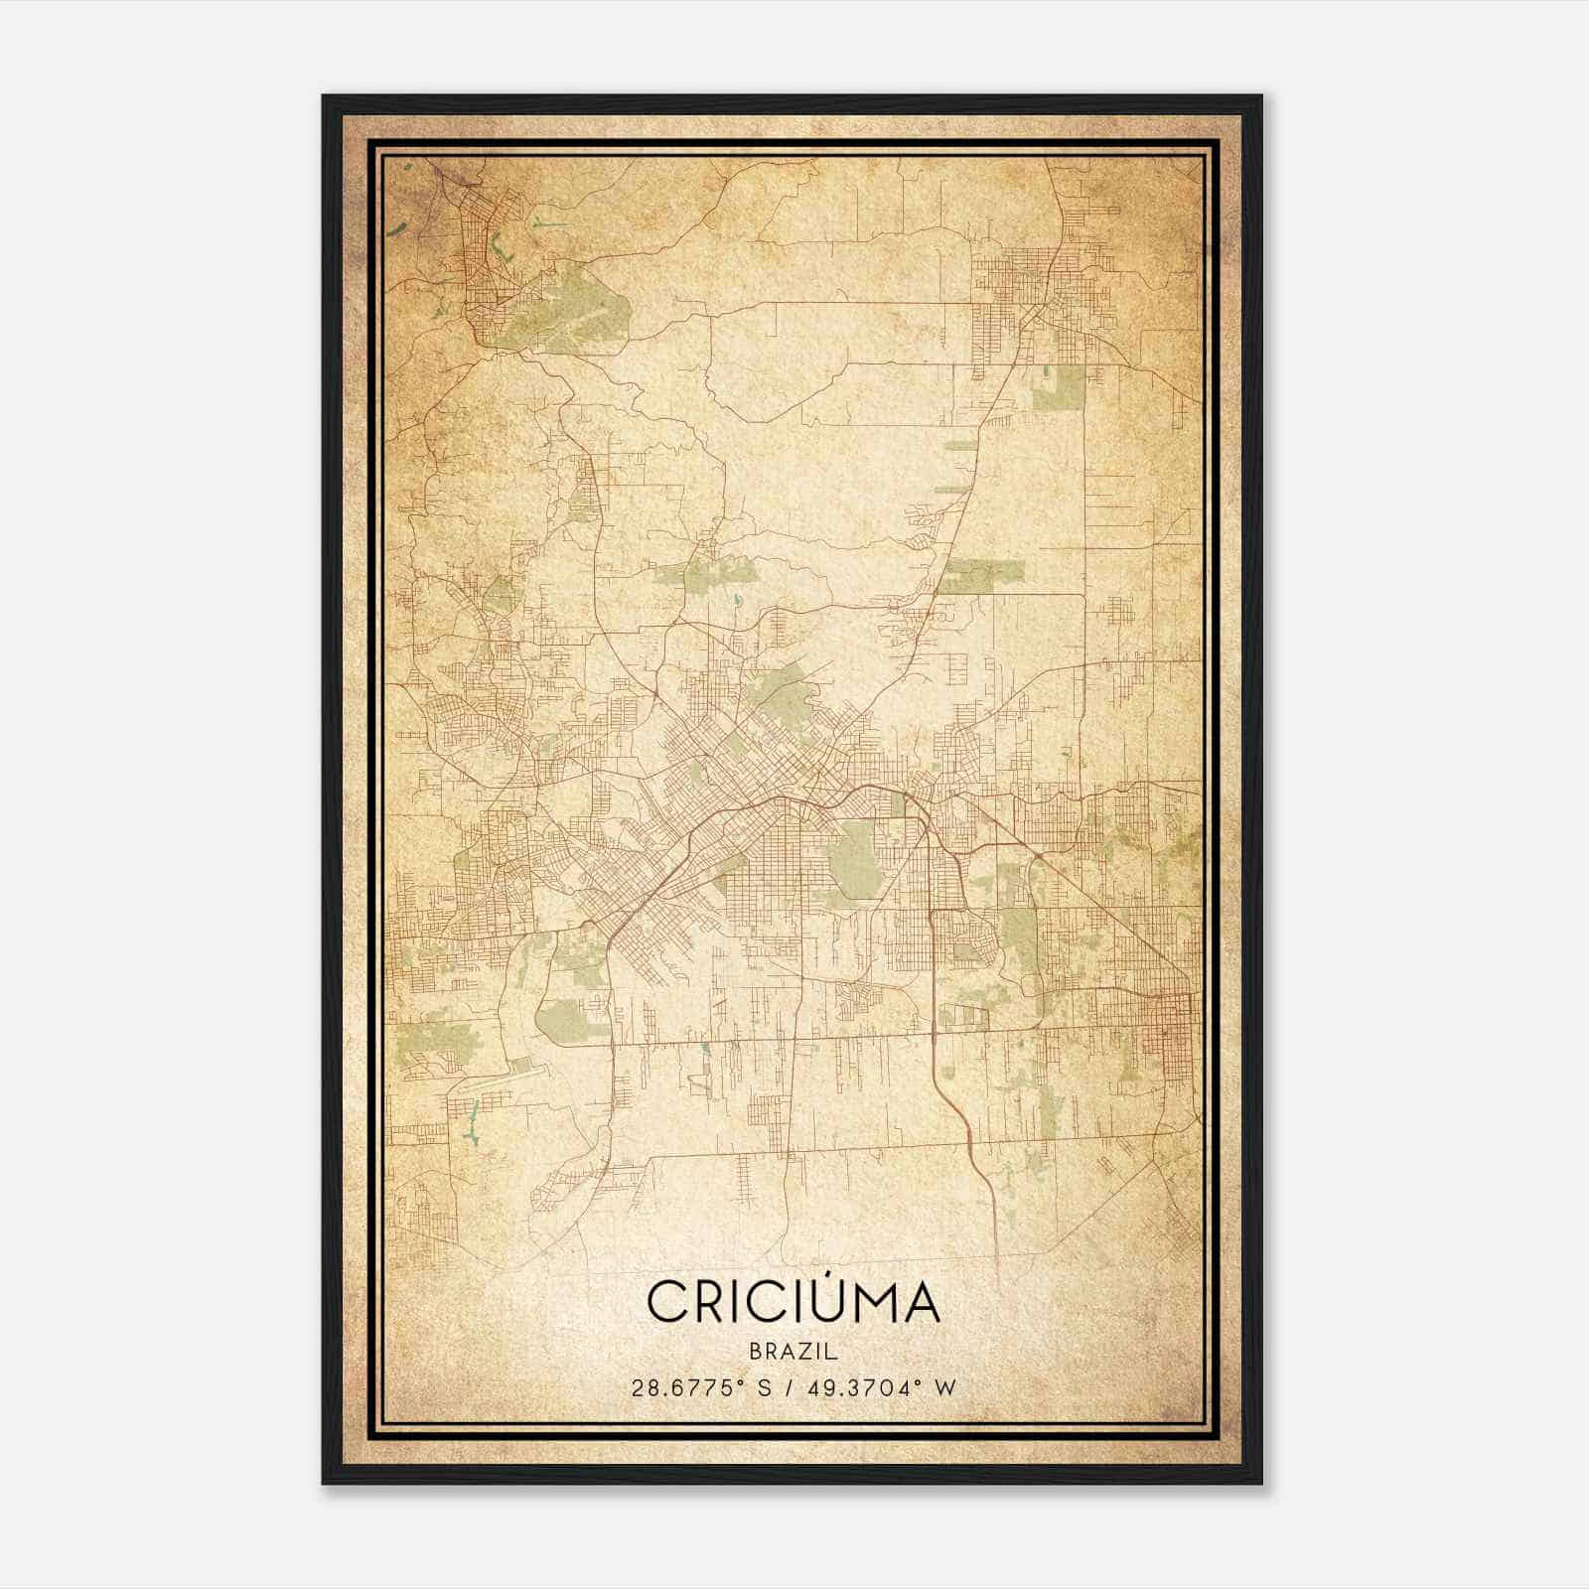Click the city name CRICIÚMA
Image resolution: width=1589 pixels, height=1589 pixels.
pyautogui.click(x=793, y=1302)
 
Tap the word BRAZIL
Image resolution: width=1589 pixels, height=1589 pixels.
pyautogui.click(x=794, y=1352)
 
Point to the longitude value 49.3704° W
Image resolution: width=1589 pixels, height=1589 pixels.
pyautogui.click(x=875, y=1387)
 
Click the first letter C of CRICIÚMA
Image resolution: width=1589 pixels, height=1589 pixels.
pyautogui.click(x=666, y=1303)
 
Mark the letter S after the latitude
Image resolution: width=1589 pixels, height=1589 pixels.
pyautogui.click(x=763, y=1387)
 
